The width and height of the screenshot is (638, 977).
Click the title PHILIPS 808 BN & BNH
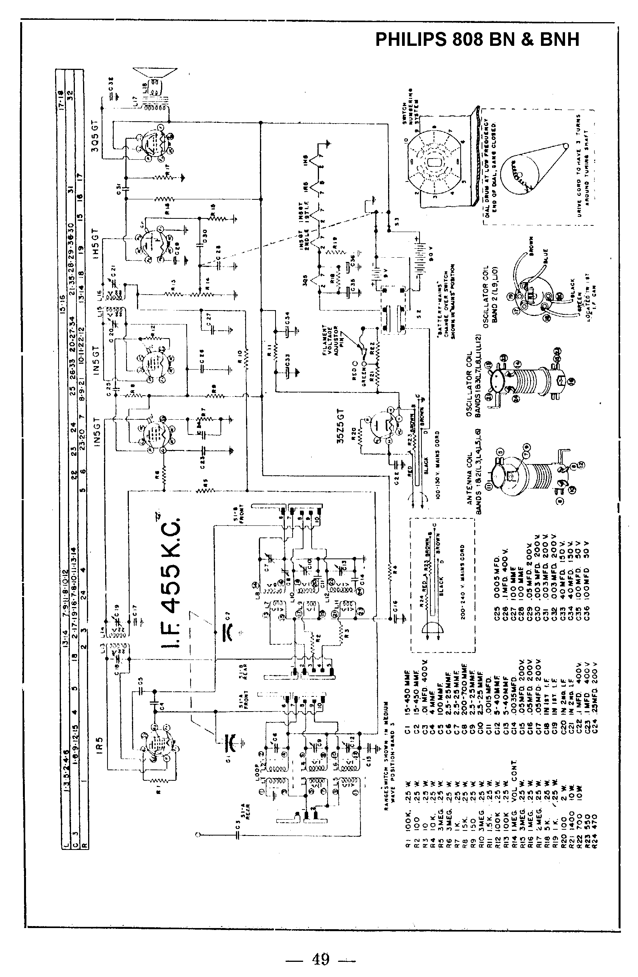477,40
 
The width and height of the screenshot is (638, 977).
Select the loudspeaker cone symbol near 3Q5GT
154,73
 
